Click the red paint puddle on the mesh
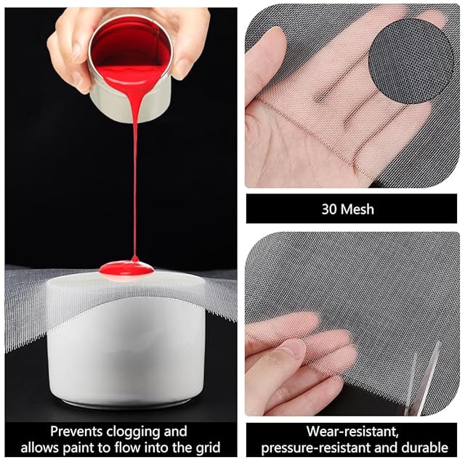pyautogui.click(x=126, y=268)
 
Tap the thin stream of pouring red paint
pyautogui.click(x=135, y=178)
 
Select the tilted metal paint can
pyautogui.click(x=130, y=68)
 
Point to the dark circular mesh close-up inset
pyautogui.click(x=411, y=61)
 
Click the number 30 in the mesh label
pyautogui.click(x=329, y=209)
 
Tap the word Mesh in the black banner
pyautogui.click(x=357, y=209)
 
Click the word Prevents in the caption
pyautogui.click(x=76, y=432)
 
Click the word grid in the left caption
pyautogui.click(x=209, y=448)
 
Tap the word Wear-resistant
pyautogui.click(x=352, y=432)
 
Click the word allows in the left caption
pyautogui.click(x=41, y=448)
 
